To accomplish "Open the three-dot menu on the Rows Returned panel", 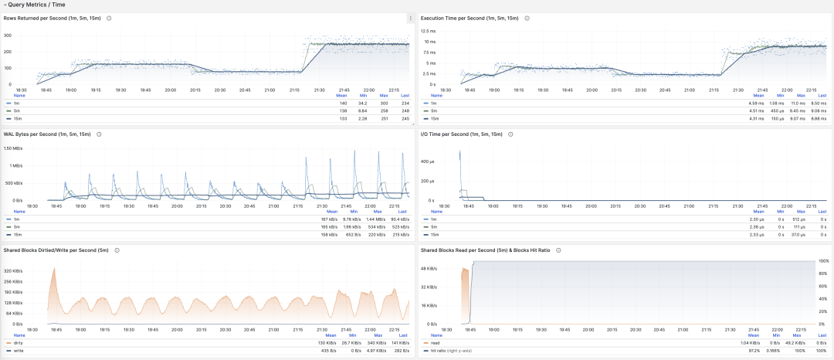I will click(410, 18).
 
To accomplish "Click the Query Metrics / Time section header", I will click(35, 5).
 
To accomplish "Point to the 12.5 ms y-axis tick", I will click(429, 31).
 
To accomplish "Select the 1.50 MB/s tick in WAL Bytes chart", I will click(14, 148).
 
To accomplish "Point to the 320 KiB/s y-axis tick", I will click(14, 271).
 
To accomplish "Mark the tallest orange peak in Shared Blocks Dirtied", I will click(53, 267).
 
